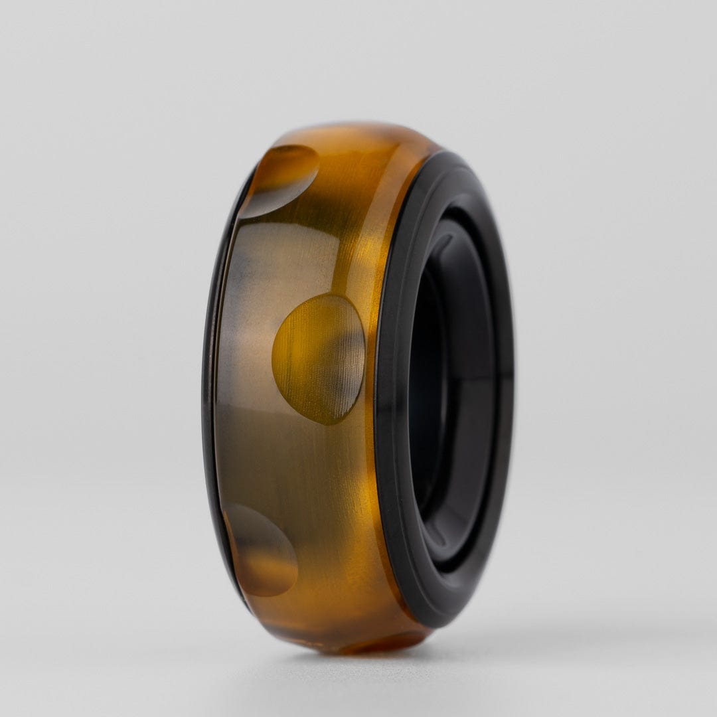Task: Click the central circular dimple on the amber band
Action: point(319,359)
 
